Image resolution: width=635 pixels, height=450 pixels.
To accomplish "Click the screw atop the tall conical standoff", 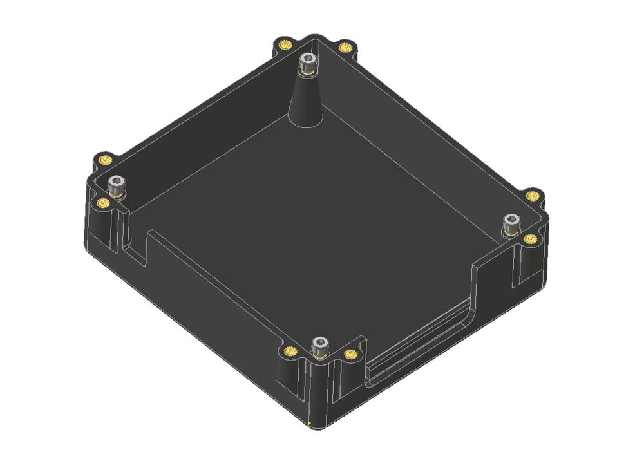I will point(307,64).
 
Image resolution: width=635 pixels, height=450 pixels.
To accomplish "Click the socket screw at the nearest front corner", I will point(319,346).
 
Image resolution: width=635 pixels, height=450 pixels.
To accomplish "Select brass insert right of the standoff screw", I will point(345,48).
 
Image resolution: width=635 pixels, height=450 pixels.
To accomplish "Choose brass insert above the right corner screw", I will point(531,195).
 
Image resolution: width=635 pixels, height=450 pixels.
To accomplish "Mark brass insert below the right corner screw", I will point(530,239).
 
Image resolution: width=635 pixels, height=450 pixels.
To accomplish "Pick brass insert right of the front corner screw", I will point(350,353).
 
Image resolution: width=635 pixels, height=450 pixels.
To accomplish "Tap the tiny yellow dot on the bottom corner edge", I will point(309,423).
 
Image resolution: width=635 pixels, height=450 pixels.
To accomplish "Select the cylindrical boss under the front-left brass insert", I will point(289,380).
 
